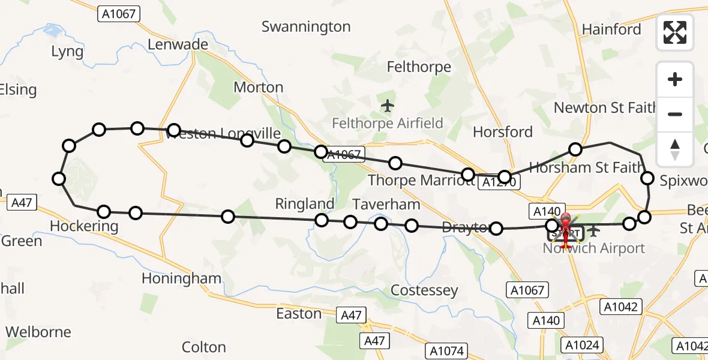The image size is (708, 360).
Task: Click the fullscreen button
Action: click(675, 32)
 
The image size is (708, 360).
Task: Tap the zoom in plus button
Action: click(675, 80)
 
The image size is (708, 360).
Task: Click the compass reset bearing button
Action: click(675, 149)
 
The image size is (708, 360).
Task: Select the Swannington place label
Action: click(306, 27)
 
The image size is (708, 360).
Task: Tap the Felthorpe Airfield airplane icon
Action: click(388, 106)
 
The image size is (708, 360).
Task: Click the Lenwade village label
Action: click(178, 44)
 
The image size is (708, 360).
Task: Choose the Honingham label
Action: click(182, 278)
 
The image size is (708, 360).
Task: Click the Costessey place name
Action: click(424, 290)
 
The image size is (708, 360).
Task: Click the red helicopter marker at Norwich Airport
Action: click(565, 230)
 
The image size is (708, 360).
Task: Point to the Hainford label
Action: click(611, 29)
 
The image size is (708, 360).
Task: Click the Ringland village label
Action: click(305, 204)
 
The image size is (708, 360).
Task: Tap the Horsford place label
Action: click(503, 132)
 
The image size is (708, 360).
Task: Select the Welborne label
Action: click(38, 332)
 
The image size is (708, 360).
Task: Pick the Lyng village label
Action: click(67, 52)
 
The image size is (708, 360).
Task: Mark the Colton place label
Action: click(203, 347)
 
